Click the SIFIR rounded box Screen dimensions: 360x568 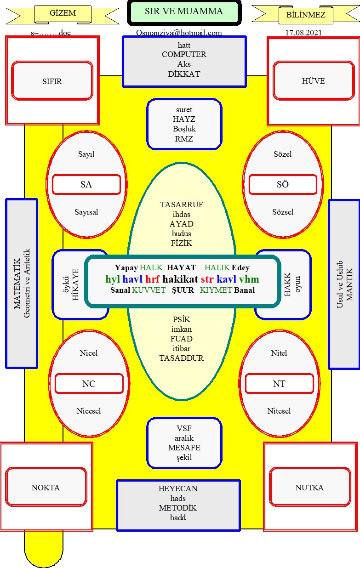coord(52,80)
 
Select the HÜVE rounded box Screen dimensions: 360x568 coord(313,80)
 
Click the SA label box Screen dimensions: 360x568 coord(86,184)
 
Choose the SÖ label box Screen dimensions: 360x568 coord(283,184)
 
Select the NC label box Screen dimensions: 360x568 coord(89,384)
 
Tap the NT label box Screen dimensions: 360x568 coord(279,384)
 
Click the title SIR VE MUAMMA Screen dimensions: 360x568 coord(184,11)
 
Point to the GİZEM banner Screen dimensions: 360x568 coord(63,13)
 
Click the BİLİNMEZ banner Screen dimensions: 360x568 coord(306,14)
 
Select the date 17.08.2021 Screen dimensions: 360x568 coord(303,33)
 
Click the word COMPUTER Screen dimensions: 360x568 coord(184,54)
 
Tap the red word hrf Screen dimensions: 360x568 coord(152,279)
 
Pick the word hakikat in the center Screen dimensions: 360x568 coord(180,279)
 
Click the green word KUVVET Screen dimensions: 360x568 coord(149,290)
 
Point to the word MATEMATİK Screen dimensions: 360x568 coord(17,284)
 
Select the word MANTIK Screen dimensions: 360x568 coord(349,284)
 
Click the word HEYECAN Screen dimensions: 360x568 coord(178,488)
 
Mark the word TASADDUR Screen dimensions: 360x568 coord(182,358)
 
